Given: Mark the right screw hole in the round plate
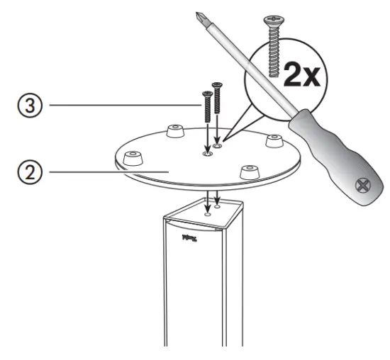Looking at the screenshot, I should point(219,145).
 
